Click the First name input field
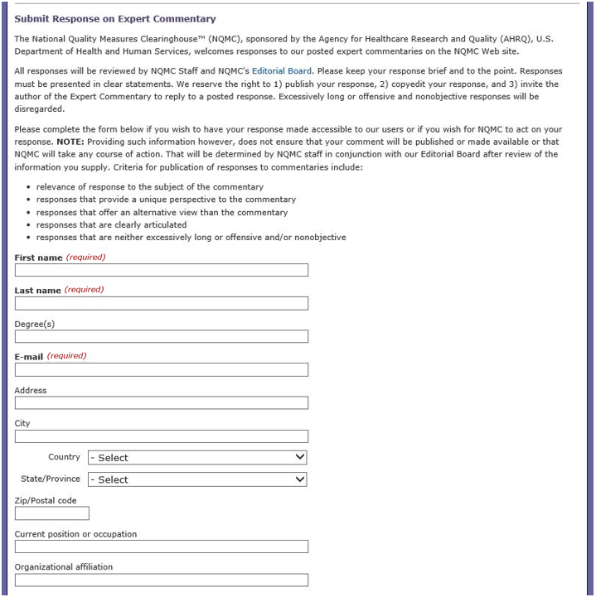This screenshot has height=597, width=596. (x=162, y=270)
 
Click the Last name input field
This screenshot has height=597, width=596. (x=162, y=303)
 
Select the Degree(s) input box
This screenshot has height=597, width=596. (x=162, y=336)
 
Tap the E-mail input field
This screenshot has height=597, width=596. (x=162, y=369)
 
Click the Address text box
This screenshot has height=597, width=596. (x=162, y=403)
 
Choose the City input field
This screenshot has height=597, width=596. (x=162, y=436)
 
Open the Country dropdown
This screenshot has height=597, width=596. (x=197, y=458)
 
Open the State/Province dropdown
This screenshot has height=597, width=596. (x=197, y=479)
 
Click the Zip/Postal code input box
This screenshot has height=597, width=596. (x=52, y=513)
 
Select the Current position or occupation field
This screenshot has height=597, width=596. (x=162, y=546)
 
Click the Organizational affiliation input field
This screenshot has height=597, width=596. (x=162, y=580)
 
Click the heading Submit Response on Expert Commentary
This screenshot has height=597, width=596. (x=115, y=18)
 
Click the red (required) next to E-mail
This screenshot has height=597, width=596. (x=66, y=356)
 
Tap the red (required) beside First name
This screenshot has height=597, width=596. (x=85, y=258)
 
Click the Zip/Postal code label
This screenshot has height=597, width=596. (x=46, y=500)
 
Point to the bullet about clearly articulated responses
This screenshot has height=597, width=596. (x=111, y=224)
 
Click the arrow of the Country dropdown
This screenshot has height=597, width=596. (x=300, y=458)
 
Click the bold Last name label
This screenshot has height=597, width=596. (x=37, y=290)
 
